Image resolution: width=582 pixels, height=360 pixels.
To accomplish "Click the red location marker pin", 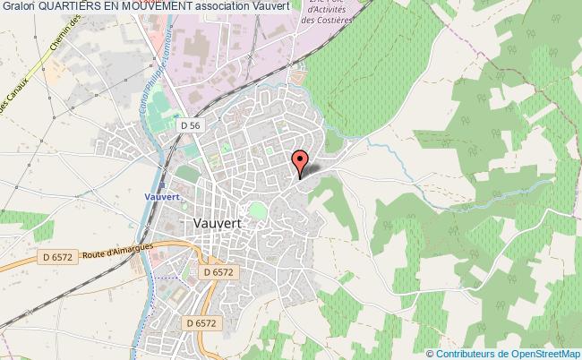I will click(301, 162).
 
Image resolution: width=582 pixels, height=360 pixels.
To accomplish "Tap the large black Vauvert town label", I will click(220, 225).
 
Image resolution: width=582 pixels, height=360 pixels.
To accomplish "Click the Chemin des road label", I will click(52, 41).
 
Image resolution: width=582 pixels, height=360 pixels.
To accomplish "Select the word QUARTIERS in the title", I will click(65, 8).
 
